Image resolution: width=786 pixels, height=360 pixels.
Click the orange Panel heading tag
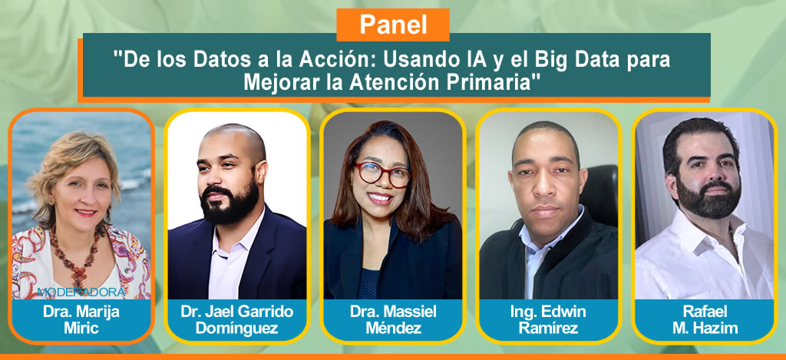click(x=393, y=25)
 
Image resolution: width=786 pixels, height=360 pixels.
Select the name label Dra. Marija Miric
click(x=81, y=320)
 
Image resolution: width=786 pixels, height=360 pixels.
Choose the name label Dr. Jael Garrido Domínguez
click(x=237, y=320)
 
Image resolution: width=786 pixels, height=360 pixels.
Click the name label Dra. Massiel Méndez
click(x=393, y=320)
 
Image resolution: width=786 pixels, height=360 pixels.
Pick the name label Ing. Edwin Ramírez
click(x=548, y=320)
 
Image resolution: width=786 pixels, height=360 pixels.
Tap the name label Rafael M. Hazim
click(x=705, y=320)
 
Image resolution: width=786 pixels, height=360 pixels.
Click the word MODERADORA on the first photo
click(x=81, y=292)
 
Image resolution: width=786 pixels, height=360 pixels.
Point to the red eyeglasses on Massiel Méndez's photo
click(x=382, y=173)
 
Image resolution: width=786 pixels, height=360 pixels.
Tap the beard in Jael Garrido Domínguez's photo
click(x=230, y=203)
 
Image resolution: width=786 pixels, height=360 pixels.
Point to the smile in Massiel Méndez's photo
click(x=379, y=198)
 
